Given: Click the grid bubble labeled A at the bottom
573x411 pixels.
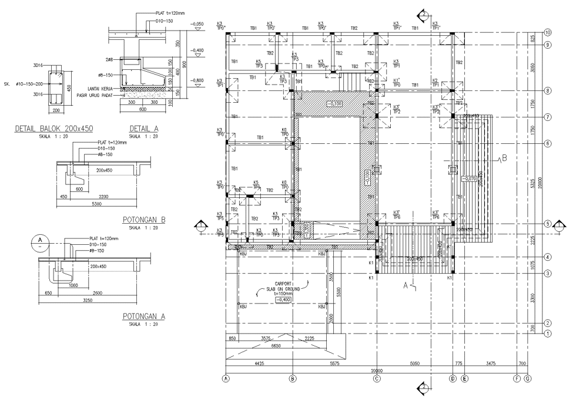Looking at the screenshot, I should tap(226, 379).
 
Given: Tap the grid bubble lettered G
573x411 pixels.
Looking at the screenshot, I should tap(527, 379).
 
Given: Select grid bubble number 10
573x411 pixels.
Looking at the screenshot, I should tap(548, 32).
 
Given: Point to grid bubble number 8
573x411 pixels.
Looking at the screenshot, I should tap(548, 90).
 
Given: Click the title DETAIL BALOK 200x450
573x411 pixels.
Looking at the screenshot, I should tap(54, 129).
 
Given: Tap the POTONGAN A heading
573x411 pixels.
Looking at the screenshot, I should tap(144, 316).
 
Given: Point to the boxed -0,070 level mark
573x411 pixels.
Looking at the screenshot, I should tap(470, 178).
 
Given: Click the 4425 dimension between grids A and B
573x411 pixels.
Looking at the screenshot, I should tap(259, 363).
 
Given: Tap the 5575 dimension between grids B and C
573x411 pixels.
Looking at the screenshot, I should tap(335, 363).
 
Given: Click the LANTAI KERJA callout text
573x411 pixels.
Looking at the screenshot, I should tap(100, 89).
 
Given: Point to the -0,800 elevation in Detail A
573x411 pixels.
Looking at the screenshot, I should tap(197, 80).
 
